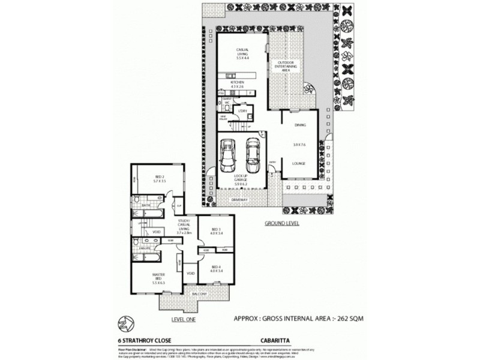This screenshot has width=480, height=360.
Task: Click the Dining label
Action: [x=300, y=125]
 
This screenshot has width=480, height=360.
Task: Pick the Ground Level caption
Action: [x=282, y=223]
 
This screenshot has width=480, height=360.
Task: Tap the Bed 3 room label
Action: [x=216, y=231]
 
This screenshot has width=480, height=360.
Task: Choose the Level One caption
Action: [x=184, y=319]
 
